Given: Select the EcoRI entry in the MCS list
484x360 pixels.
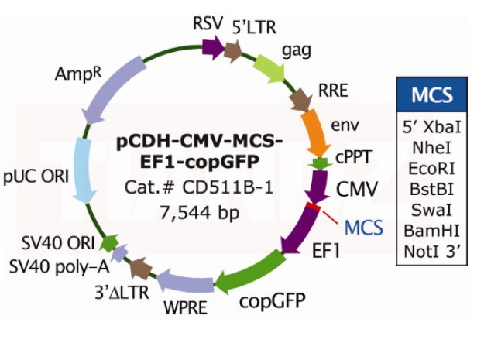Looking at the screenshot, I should pyautogui.click(x=432, y=166).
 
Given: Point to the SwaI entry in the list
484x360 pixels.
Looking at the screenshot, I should pyautogui.click(x=432, y=209).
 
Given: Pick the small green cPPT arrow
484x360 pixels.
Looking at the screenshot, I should pyautogui.click(x=317, y=164).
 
